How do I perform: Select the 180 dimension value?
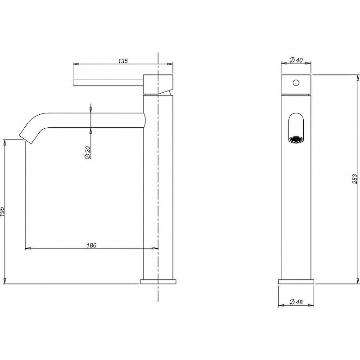(x=91, y=245)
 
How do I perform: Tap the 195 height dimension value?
(x=3, y=212)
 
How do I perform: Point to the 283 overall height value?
(x=355, y=179)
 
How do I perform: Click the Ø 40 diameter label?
(x=296, y=59)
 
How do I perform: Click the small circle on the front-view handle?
(x=296, y=83)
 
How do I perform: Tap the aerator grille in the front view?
(x=296, y=140)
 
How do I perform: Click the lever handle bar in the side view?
(x=108, y=82)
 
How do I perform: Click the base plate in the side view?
(x=158, y=282)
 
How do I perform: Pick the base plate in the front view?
(x=296, y=282)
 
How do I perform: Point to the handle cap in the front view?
(x=296, y=85)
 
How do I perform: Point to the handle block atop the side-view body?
(x=158, y=84)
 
